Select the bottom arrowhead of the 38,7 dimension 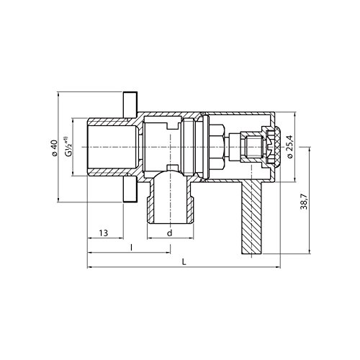[311, 254]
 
